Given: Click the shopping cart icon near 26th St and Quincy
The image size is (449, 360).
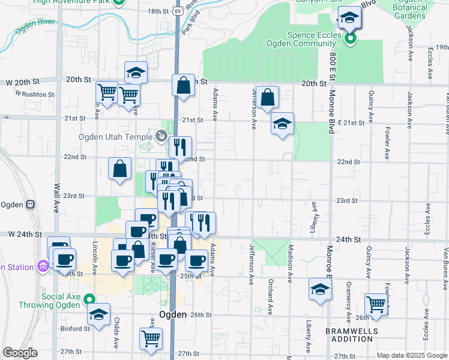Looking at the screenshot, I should (376, 304).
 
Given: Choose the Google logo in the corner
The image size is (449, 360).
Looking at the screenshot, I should (19, 353).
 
